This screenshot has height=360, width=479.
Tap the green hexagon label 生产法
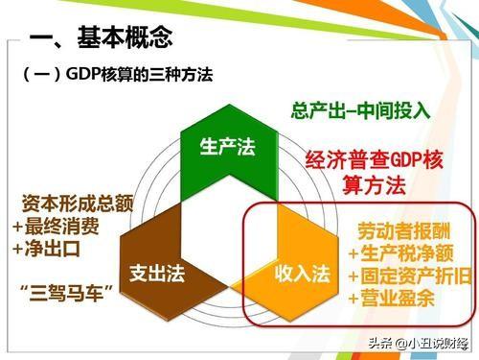227,146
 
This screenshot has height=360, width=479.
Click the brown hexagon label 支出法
154,273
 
